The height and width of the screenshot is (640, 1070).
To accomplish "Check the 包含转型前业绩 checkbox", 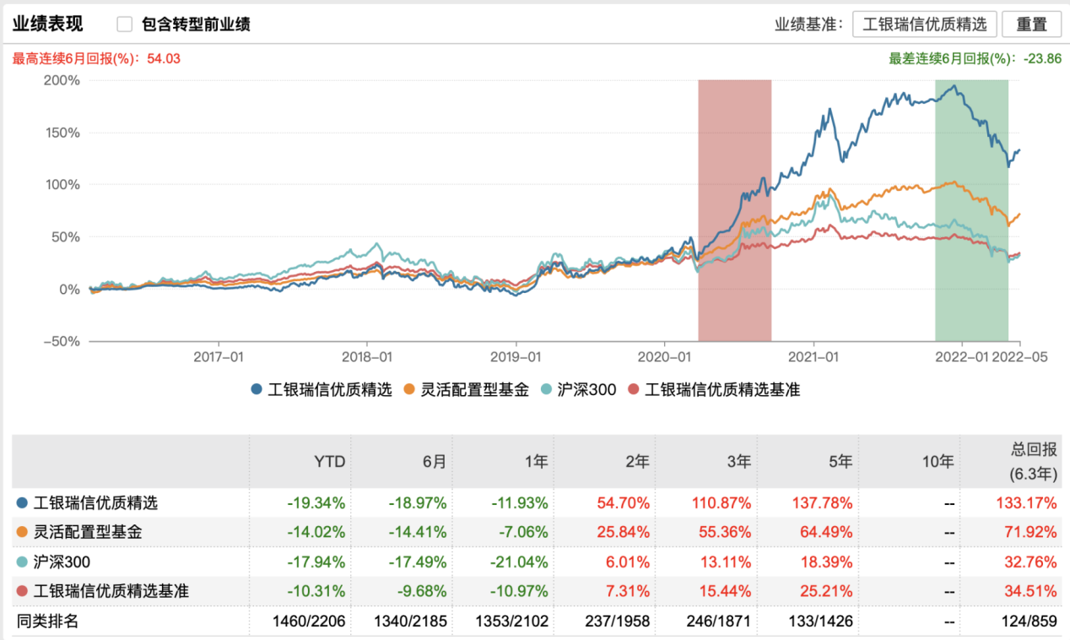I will click(x=125, y=24).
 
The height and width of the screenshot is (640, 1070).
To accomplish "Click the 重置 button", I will click(x=1031, y=24).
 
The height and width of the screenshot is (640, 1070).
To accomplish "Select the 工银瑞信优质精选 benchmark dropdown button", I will click(x=924, y=24).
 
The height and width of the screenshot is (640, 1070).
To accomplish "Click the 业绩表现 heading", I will click(x=48, y=24).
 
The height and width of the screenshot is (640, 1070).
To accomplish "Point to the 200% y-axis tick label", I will click(x=61, y=81).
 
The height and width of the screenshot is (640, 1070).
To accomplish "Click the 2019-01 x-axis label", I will click(x=516, y=358).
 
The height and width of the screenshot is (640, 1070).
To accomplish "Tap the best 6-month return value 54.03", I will click(x=163, y=58).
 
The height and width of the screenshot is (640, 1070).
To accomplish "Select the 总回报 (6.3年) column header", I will click(x=1033, y=462).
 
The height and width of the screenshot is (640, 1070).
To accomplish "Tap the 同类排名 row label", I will click(x=48, y=621).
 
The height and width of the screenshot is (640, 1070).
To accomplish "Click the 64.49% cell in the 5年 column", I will click(x=824, y=533).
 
